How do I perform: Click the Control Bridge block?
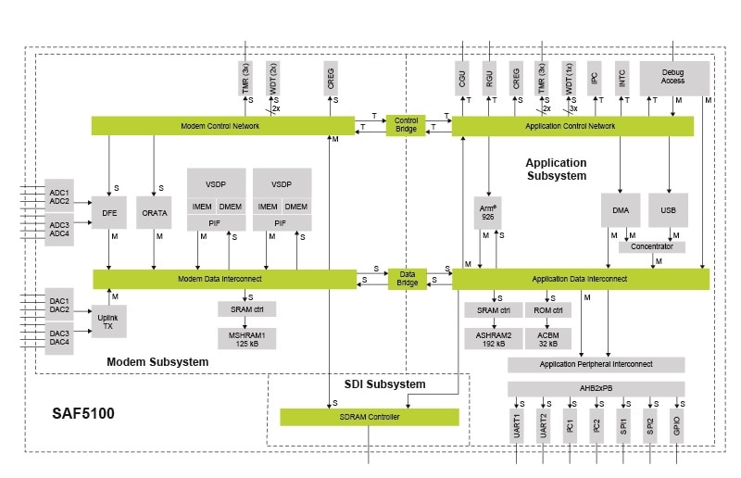tap(406, 125)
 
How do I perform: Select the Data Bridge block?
tap(406, 278)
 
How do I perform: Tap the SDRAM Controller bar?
tap(369, 417)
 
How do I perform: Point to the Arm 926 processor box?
tap(487, 209)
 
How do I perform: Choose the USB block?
tap(668, 210)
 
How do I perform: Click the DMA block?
tap(621, 210)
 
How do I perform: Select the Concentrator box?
tap(652, 246)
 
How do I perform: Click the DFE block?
tap(109, 212)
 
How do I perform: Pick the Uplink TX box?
tap(108, 320)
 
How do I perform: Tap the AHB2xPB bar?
tap(596, 389)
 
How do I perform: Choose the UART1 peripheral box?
tap(517, 426)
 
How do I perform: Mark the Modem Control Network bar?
tap(223, 125)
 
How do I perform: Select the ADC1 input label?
tap(59, 192)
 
